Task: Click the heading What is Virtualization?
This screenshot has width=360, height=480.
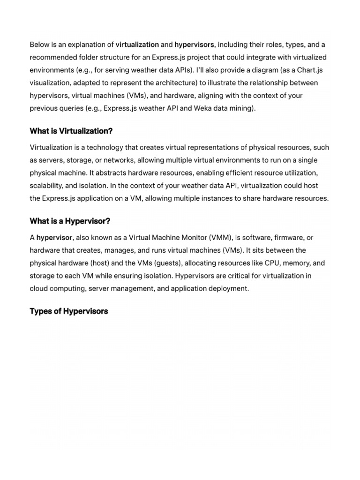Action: (71, 130)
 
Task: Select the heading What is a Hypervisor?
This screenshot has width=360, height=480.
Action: (70, 221)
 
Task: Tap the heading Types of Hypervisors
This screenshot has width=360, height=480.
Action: (69, 311)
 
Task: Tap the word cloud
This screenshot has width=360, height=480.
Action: (39, 288)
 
